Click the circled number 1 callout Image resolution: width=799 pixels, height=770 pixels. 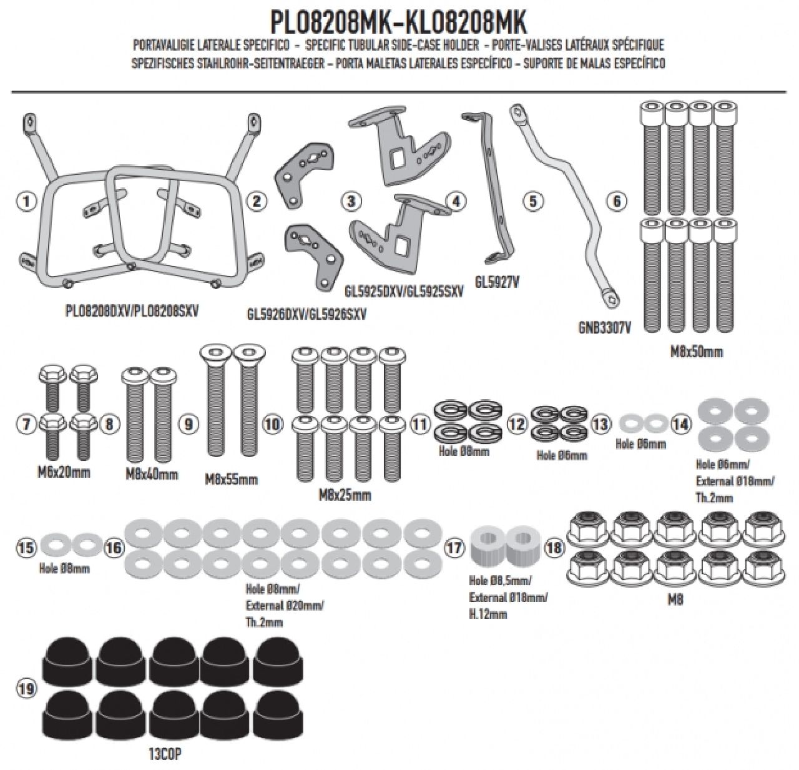point(24,201)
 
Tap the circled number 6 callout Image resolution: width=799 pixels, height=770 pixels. point(617,201)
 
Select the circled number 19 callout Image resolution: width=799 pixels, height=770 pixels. point(24,689)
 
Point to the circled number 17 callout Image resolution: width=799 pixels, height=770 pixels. point(454,548)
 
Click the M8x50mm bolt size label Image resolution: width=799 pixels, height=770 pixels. point(696,352)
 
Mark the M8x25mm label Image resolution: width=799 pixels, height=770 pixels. point(345,495)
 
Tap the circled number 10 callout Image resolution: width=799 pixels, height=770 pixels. point(273,425)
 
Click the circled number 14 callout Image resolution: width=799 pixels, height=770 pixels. point(681,425)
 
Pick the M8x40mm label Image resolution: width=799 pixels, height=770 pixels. point(152,474)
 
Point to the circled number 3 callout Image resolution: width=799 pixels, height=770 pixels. point(352,201)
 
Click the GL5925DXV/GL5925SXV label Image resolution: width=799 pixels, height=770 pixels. point(404,291)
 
